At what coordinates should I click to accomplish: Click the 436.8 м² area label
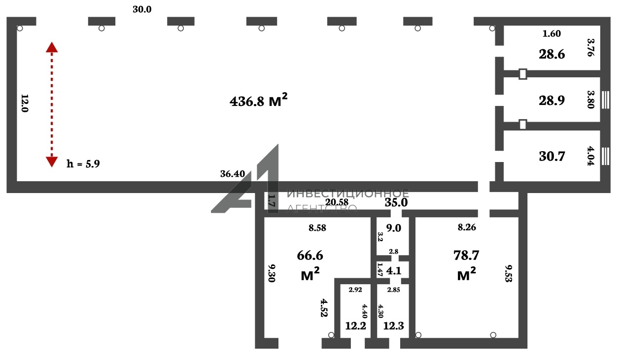pos(259,100)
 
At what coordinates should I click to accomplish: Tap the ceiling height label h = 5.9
pos(83,164)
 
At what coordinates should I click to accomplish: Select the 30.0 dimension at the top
pos(142,9)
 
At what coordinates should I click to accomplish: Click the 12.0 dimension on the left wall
pos(25,103)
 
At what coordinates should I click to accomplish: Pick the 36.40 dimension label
pos(233,174)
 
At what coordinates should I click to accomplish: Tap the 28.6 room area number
pos(551,54)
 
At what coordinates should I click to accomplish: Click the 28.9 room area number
pos(551,100)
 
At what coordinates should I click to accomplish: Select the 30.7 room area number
pos(551,157)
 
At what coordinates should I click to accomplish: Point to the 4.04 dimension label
pos(590,156)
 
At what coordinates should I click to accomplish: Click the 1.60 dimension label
pos(551,33)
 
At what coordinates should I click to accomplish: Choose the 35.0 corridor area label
pos(396,203)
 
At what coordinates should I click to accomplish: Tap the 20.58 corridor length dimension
pos(337,202)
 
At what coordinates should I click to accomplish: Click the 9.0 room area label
pos(394,228)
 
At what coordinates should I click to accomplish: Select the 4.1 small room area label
pos(394,271)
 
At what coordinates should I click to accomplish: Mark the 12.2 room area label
pos(356,326)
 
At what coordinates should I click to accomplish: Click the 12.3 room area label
pos(394,326)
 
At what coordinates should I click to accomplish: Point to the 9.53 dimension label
pos(509,273)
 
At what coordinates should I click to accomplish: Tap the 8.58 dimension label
pos(317,228)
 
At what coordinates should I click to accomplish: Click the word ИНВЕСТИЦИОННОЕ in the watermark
pos(348,194)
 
